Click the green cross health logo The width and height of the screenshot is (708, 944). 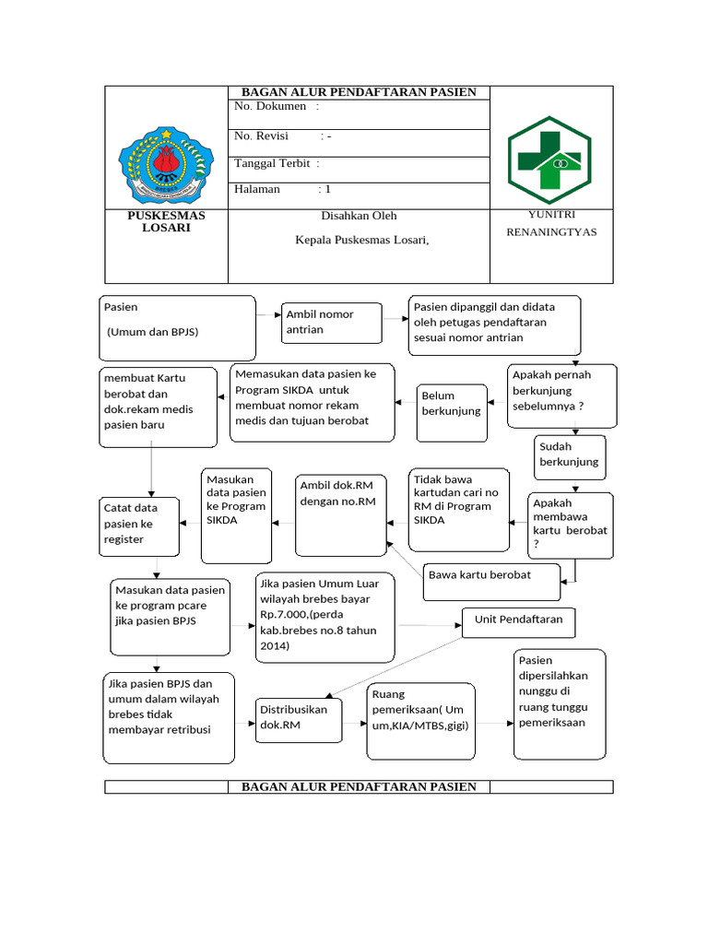pos(550,159)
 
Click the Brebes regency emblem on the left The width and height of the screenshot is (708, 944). pos(166,159)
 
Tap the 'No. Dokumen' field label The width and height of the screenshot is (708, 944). pos(271,107)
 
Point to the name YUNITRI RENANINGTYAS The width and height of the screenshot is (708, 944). pos(551,223)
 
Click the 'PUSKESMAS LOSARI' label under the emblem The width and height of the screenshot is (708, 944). pos(166,221)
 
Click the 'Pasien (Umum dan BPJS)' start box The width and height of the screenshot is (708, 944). pos(177,326)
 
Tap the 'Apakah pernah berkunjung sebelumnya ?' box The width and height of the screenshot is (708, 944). pos(561,395)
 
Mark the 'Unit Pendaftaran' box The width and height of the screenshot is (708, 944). pos(519,621)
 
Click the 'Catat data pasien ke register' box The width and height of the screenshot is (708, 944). pos(139,525)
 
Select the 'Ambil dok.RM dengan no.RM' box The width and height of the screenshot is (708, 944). pos(340,514)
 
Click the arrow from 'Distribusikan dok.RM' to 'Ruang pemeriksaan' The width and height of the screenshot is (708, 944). pos(354,721)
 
